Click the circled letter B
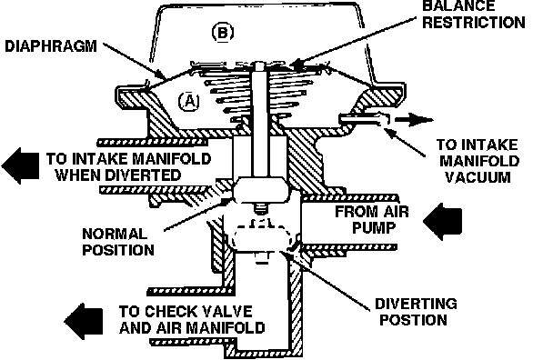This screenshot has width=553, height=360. pos(223,33)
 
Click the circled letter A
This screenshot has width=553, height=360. pos(189,102)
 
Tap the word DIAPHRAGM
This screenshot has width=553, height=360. pos(51,46)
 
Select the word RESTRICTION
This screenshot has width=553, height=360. pos(474,22)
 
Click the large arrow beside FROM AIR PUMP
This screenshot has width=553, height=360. pos(442,222)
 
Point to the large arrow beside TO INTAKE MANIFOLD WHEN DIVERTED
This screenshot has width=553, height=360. pos(20,165)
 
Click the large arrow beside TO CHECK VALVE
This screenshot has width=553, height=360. pos(84,321)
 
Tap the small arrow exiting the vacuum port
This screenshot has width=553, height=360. pos(414,120)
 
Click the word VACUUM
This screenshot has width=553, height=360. pos(478,177)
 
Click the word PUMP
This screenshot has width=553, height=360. pos(374,227)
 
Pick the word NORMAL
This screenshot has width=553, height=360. pos(115,234)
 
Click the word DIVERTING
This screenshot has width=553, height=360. pos(416,304)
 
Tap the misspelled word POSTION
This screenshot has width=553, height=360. pos(413,320)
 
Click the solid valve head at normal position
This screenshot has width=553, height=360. pos(260,190)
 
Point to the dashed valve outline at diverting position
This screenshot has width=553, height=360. pos(262,237)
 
